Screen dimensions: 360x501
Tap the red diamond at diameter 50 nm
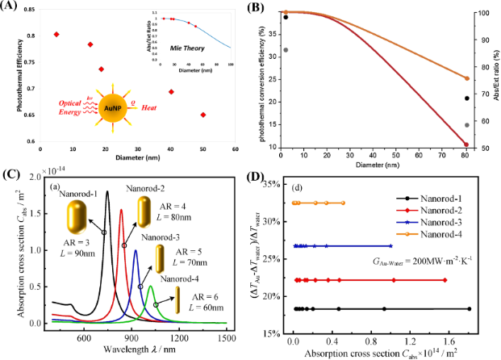[202, 115]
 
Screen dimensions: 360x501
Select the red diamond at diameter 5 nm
[56, 34]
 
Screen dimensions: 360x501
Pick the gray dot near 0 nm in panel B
[284, 50]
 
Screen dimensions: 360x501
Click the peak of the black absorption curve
[106, 191]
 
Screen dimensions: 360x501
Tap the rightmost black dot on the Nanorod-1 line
[470, 308]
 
